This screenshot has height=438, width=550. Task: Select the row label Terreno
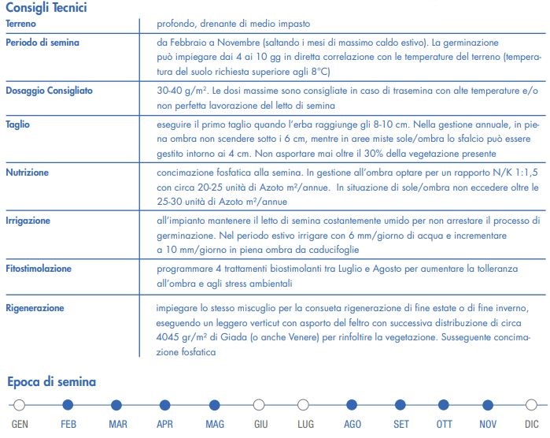click(x=21, y=24)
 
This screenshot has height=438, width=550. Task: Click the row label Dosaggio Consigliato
click(x=49, y=91)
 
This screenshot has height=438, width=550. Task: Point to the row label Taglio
click(x=17, y=124)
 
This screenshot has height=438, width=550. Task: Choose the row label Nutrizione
click(x=27, y=172)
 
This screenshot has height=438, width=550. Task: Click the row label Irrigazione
click(x=28, y=221)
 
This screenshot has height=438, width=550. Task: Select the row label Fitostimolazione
click(x=38, y=269)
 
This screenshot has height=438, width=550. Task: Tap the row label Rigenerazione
click(x=35, y=307)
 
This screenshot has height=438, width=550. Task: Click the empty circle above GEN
click(x=20, y=405)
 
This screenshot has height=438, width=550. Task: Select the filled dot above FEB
click(x=68, y=405)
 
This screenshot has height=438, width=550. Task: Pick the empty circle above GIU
click(x=259, y=405)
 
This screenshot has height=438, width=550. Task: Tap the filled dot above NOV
click(x=488, y=405)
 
